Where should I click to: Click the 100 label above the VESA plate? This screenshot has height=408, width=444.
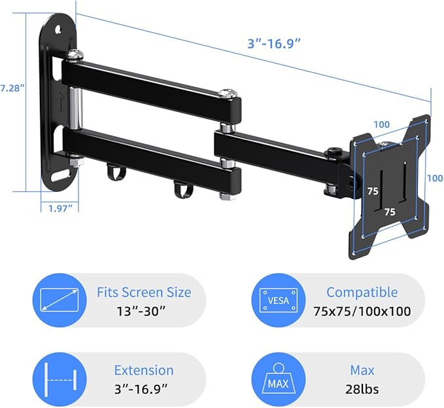(383, 124)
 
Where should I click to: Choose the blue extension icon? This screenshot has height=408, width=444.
(60, 379)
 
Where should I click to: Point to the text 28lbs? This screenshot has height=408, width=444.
(362, 389)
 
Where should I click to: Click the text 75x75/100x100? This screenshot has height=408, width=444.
(362, 310)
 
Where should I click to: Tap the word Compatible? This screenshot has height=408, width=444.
(362, 292)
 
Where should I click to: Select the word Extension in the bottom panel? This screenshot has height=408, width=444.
(144, 371)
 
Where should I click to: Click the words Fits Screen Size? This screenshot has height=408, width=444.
(144, 292)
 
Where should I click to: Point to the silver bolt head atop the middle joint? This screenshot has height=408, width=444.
(228, 93)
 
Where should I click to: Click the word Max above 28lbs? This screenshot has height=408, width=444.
(362, 371)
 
